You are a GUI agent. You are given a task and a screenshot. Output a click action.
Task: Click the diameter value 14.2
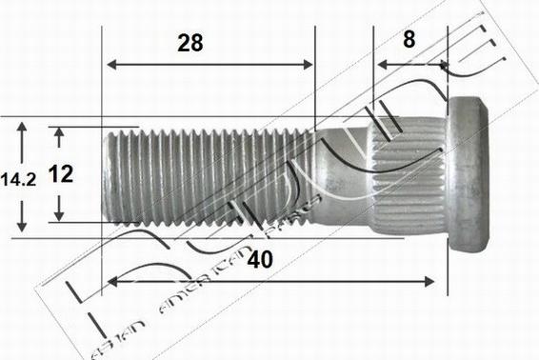(x=19, y=177)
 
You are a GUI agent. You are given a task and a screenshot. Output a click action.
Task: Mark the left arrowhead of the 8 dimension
(x=380, y=65)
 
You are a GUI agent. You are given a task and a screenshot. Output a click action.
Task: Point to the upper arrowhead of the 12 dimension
(x=59, y=134)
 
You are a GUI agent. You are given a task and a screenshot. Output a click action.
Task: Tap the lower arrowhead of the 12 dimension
(x=59, y=215)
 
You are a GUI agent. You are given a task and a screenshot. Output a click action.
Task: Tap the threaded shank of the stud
(x=210, y=177)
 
